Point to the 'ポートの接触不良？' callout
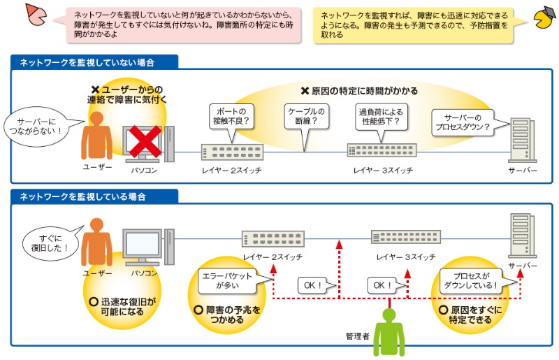pos(233,115)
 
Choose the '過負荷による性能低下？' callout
pos(380,116)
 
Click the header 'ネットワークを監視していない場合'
pos(87,62)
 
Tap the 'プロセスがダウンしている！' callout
pos(471,280)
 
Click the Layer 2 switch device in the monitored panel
pos(273,238)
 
